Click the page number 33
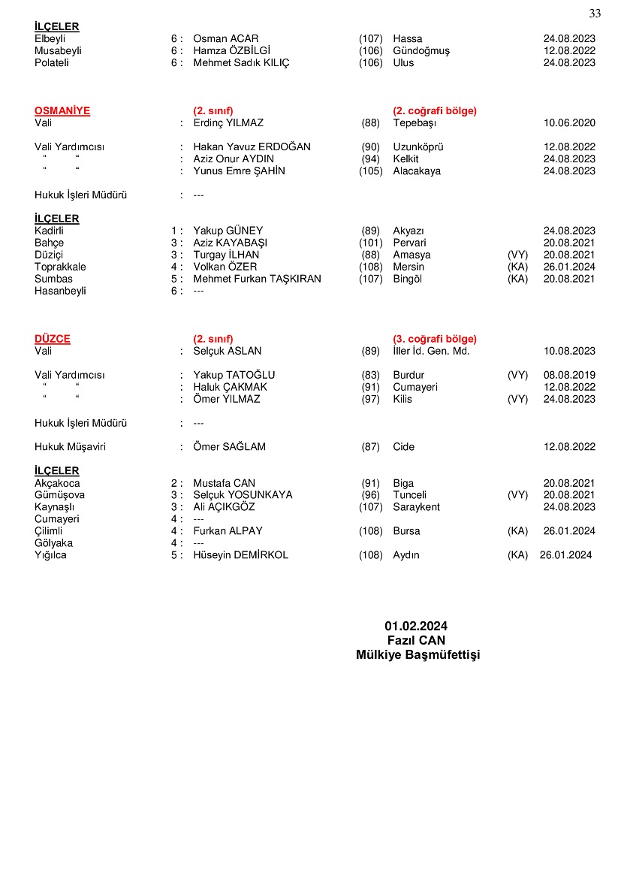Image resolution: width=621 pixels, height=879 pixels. click(x=595, y=14)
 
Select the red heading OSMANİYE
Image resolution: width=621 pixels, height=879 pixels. click(x=62, y=110)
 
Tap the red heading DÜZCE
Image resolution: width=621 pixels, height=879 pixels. click(x=53, y=339)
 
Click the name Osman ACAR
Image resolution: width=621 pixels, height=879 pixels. click(x=225, y=38)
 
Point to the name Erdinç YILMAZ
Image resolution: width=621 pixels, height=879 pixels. click(x=228, y=122)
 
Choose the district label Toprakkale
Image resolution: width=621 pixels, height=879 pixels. click(x=60, y=267)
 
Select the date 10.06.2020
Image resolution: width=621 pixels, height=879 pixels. click(x=569, y=122)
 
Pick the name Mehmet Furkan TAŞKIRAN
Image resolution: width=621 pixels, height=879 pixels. click(x=257, y=279)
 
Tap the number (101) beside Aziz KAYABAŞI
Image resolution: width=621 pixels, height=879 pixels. click(x=370, y=243)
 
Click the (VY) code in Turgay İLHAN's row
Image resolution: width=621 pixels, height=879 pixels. click(x=517, y=255)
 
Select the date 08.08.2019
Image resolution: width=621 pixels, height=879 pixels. click(x=569, y=375)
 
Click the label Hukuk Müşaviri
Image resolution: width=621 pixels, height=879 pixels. click(x=70, y=447)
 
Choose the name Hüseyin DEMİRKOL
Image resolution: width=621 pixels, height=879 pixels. click(x=240, y=555)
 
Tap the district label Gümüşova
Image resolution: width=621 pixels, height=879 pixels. click(x=59, y=495)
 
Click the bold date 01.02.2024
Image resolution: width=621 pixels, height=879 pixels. click(x=416, y=626)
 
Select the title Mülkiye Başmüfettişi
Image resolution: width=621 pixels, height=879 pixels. click(x=418, y=655)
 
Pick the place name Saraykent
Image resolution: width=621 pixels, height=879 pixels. click(x=416, y=507)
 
